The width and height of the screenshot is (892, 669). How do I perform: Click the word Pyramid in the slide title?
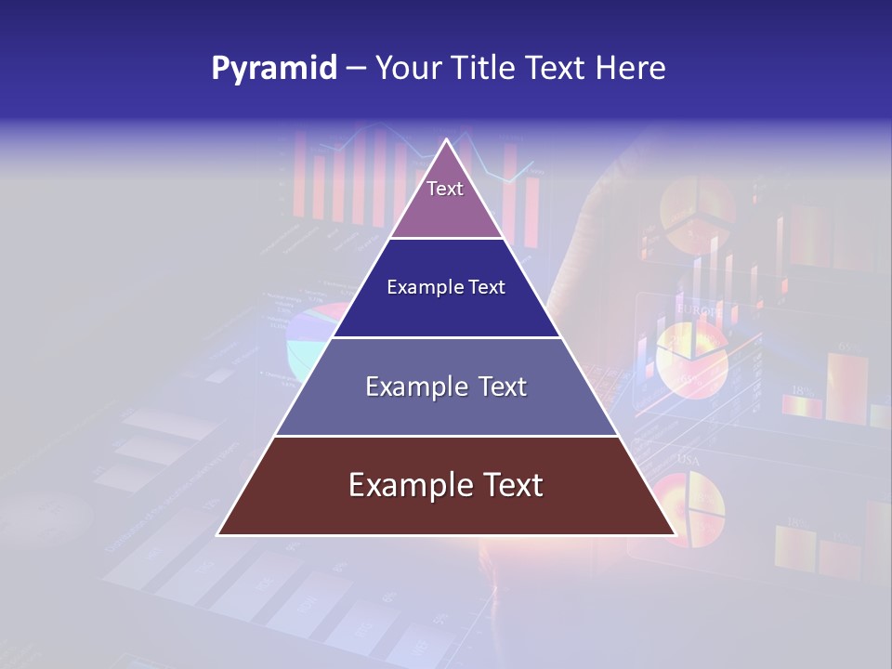click(273, 69)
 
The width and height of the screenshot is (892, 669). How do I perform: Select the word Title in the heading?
click(489, 69)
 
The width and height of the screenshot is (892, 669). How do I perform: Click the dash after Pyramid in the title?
click(356, 69)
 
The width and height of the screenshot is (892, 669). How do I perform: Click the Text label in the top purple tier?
click(445, 189)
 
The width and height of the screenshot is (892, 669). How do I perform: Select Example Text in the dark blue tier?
click(446, 287)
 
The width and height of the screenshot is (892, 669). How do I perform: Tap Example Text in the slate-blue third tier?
click(446, 387)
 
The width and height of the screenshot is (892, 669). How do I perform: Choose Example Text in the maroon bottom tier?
click(446, 485)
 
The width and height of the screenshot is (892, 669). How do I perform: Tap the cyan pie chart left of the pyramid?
click(307, 339)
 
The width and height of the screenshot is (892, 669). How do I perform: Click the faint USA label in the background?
click(689, 460)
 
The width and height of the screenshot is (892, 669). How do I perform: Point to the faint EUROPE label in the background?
click(698, 309)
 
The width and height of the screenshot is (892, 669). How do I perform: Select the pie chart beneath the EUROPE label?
click(692, 358)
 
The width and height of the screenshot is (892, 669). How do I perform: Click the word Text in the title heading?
click(555, 69)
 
